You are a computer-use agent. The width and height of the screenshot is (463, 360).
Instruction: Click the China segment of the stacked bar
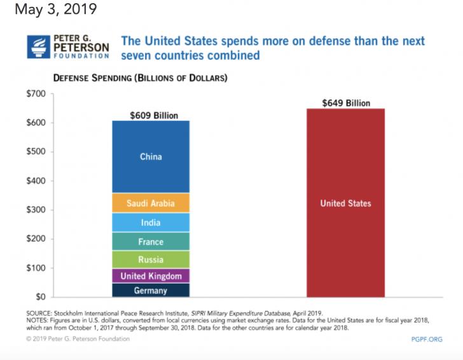click(151, 156)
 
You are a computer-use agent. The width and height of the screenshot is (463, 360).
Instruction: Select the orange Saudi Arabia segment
click(151, 203)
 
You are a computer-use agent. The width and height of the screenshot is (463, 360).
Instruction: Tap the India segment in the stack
click(151, 223)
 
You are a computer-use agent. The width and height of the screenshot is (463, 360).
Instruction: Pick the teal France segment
click(151, 242)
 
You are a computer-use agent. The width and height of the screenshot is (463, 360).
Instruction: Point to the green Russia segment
click(151, 260)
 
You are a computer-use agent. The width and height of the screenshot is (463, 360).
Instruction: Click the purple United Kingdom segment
click(151, 276)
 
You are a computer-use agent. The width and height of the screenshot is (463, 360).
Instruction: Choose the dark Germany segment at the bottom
click(151, 291)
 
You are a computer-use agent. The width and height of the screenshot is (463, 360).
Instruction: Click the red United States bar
click(345, 204)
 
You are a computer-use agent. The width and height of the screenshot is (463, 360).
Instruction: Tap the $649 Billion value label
click(346, 103)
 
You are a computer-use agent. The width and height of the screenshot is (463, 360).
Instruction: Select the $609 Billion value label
click(154, 116)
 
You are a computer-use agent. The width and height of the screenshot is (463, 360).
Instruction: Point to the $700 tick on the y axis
click(36, 94)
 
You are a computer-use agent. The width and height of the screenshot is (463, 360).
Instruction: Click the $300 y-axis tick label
click(36, 210)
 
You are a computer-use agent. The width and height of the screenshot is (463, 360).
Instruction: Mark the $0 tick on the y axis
click(40, 297)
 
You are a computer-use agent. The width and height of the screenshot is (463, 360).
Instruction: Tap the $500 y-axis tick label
click(36, 152)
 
